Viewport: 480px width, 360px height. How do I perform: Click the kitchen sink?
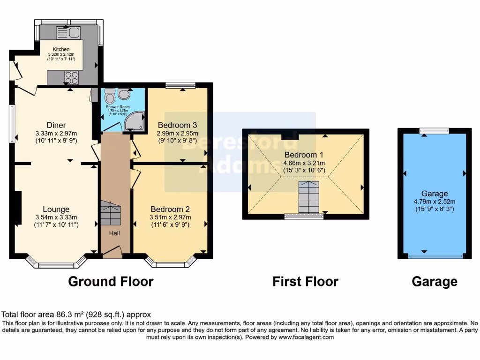(68, 33)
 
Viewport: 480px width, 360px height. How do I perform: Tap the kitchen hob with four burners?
(72, 76)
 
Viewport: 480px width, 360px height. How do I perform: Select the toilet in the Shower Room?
(110, 97)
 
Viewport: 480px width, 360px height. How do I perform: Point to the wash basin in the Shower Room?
(124, 94)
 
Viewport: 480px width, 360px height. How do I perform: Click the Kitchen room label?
(61, 49)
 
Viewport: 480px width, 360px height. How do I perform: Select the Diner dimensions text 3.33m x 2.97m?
(56, 134)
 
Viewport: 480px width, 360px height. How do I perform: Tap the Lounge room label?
(56, 209)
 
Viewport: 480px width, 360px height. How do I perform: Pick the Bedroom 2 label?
(170, 209)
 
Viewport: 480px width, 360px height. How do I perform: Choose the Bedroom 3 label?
(177, 125)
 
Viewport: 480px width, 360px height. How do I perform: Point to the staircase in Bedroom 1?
(309, 196)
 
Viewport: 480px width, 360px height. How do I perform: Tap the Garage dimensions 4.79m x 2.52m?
(435, 202)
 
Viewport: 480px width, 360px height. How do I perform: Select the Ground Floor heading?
(111, 281)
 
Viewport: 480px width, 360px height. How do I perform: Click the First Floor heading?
(305, 281)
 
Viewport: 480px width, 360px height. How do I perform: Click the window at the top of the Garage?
(434, 130)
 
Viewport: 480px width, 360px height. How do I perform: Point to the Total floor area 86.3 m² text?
(76, 315)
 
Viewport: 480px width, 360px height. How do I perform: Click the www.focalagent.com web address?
(306, 337)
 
